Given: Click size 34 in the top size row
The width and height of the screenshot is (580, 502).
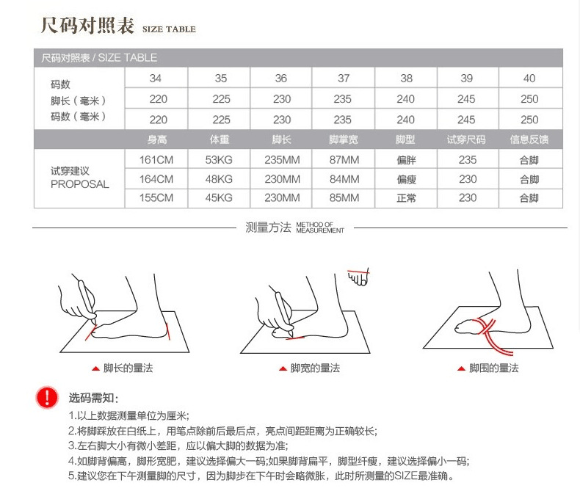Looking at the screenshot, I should [x=156, y=79].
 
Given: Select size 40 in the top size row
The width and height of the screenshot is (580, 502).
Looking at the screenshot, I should [x=529, y=79].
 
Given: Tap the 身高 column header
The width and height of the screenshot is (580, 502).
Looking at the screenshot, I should [x=157, y=139].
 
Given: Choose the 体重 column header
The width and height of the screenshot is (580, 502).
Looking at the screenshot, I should [x=220, y=139].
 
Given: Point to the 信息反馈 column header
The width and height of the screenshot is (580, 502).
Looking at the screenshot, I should [x=529, y=139].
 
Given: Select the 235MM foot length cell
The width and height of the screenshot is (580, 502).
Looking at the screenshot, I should [x=282, y=160].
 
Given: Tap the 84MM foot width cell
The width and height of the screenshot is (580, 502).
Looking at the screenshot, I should [x=344, y=179].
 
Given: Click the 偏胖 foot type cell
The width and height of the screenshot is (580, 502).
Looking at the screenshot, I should [x=406, y=160].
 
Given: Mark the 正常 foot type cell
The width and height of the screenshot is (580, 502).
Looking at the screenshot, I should [x=406, y=198].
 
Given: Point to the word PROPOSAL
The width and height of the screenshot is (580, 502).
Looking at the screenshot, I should [x=79, y=184].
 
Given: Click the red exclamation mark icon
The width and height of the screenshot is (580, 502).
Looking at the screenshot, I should [x=47, y=398].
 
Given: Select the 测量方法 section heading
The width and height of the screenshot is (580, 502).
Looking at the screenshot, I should [x=269, y=228].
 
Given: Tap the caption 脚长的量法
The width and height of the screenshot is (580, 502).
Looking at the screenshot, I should [x=128, y=368].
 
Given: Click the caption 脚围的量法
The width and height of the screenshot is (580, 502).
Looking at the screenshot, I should [x=493, y=368].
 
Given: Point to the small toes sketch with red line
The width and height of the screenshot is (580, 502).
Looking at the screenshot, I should [x=358, y=278].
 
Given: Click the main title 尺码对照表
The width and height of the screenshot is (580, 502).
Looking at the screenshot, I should [x=87, y=26].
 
